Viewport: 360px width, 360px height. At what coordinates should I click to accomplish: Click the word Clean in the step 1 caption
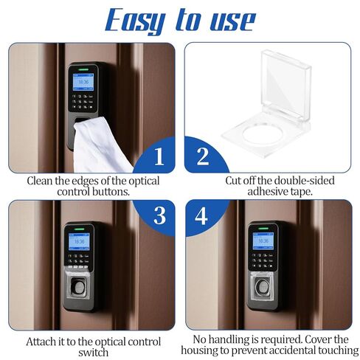[x=42, y=180]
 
